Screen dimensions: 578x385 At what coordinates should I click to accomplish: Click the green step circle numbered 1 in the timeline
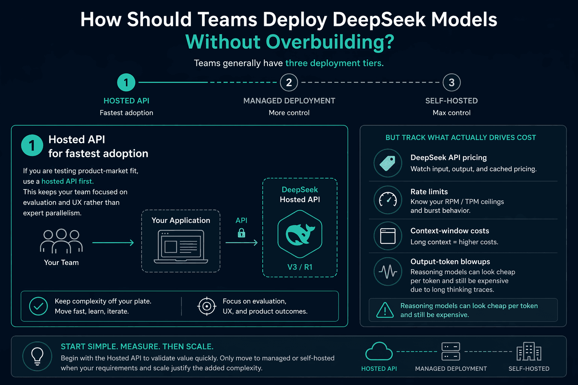click(x=126, y=82)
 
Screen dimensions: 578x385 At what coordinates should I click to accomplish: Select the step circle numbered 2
click(x=289, y=82)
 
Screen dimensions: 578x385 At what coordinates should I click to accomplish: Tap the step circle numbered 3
click(x=452, y=82)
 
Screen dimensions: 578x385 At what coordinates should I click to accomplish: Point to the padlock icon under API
click(x=241, y=233)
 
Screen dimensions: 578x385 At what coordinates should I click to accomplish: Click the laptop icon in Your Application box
click(x=181, y=247)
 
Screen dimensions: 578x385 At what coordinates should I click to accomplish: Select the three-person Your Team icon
click(x=61, y=241)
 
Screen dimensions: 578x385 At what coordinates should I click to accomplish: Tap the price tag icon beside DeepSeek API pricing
click(x=388, y=163)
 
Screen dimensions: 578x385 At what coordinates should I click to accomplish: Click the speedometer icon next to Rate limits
click(x=388, y=200)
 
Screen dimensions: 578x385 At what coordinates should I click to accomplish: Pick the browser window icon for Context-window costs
click(x=388, y=236)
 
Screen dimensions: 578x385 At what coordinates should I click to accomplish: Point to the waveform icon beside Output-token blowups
click(x=388, y=271)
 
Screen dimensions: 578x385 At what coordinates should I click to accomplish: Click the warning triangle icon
click(x=385, y=310)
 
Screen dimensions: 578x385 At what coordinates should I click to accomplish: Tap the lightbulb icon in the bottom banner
click(x=37, y=356)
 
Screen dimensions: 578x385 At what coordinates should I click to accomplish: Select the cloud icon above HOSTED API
click(x=379, y=351)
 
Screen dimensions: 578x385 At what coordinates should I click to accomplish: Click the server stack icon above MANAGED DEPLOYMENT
click(x=451, y=351)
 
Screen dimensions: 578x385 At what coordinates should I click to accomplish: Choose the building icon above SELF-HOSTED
click(x=529, y=351)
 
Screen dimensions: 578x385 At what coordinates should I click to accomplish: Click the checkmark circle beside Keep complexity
click(x=38, y=306)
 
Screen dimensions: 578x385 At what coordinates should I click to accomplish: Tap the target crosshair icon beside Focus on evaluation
click(x=207, y=306)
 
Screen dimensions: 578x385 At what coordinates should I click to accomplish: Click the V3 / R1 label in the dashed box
click(x=300, y=267)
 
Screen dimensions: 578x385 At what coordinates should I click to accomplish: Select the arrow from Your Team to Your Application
click(x=113, y=243)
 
